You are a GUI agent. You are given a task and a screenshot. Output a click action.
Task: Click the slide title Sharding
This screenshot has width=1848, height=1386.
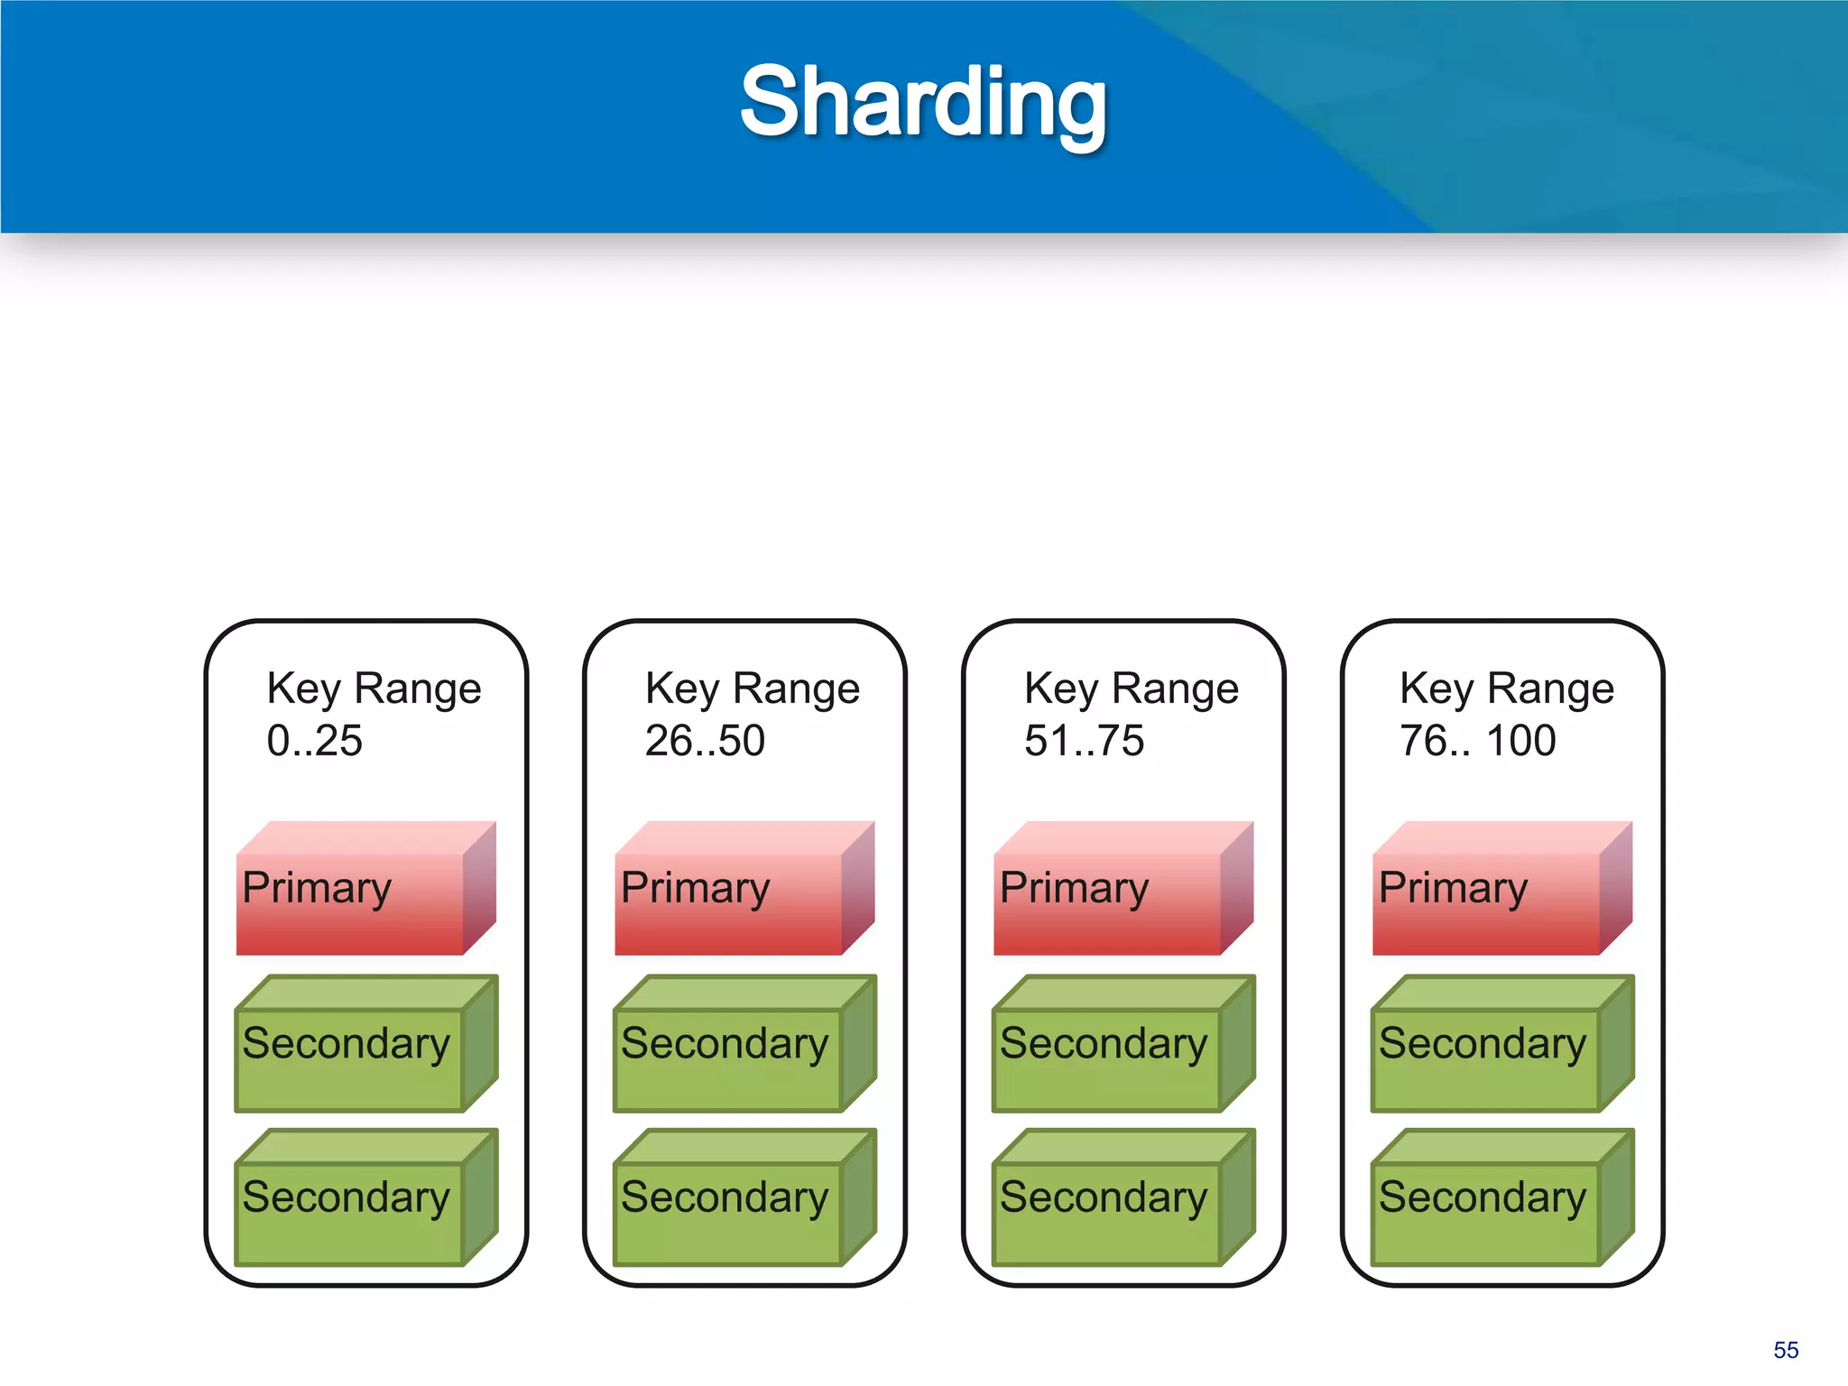coord(922,102)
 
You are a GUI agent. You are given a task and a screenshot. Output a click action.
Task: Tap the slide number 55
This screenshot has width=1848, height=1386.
coord(1785,1350)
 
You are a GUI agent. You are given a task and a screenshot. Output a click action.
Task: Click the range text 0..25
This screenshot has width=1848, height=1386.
coord(314,741)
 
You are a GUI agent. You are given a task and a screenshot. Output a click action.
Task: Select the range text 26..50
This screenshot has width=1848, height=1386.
coord(705,741)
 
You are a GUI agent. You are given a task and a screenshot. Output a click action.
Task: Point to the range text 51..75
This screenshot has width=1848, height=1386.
coord(1084,741)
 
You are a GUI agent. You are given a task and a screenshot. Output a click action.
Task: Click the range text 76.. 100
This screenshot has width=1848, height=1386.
coord(1477,741)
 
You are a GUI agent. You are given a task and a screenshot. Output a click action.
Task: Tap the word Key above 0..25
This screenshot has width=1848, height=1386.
coord(303,689)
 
